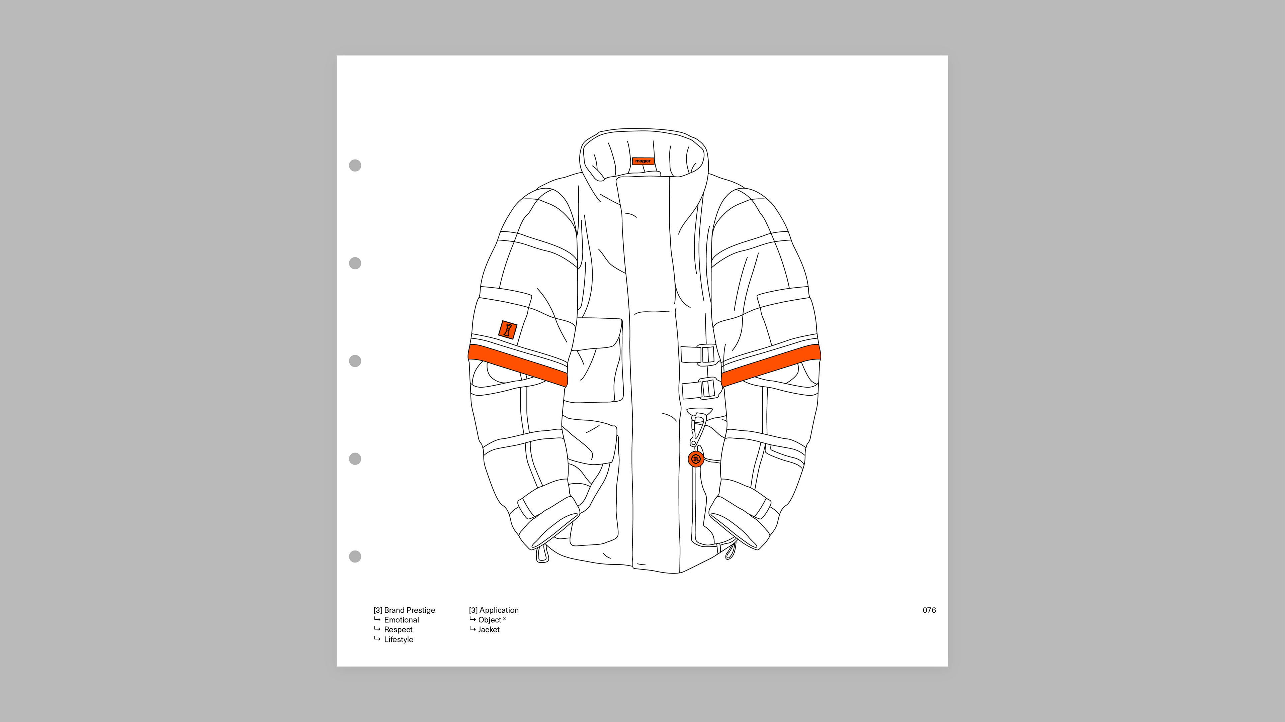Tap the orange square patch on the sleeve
click(x=508, y=330)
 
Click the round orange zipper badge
click(x=696, y=459)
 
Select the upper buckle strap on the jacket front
click(x=698, y=354)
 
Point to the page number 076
click(x=929, y=610)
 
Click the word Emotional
click(x=401, y=620)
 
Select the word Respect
click(x=398, y=629)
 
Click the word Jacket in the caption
click(x=489, y=629)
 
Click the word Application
click(x=499, y=610)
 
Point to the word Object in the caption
click(x=489, y=620)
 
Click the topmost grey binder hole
click(x=355, y=166)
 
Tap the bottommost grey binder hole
click(x=355, y=556)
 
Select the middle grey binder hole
click(x=355, y=361)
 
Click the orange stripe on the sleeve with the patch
click(x=518, y=365)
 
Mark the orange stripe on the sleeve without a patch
click(x=771, y=365)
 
